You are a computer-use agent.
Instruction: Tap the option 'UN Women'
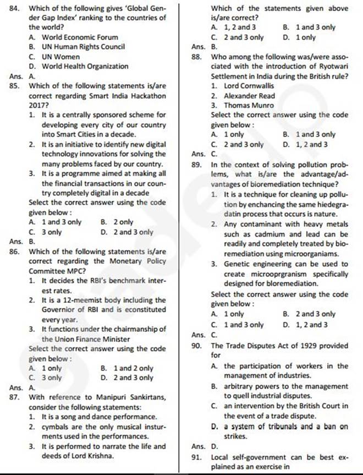tap(61, 57)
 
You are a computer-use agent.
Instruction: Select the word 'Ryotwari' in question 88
tap(333, 67)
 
